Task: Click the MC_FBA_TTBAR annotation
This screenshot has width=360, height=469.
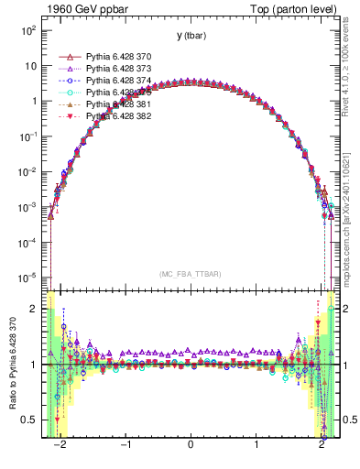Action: [x=191, y=274]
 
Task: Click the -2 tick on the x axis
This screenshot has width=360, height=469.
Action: [x=60, y=446]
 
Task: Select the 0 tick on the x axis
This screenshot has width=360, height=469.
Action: [x=191, y=446]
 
